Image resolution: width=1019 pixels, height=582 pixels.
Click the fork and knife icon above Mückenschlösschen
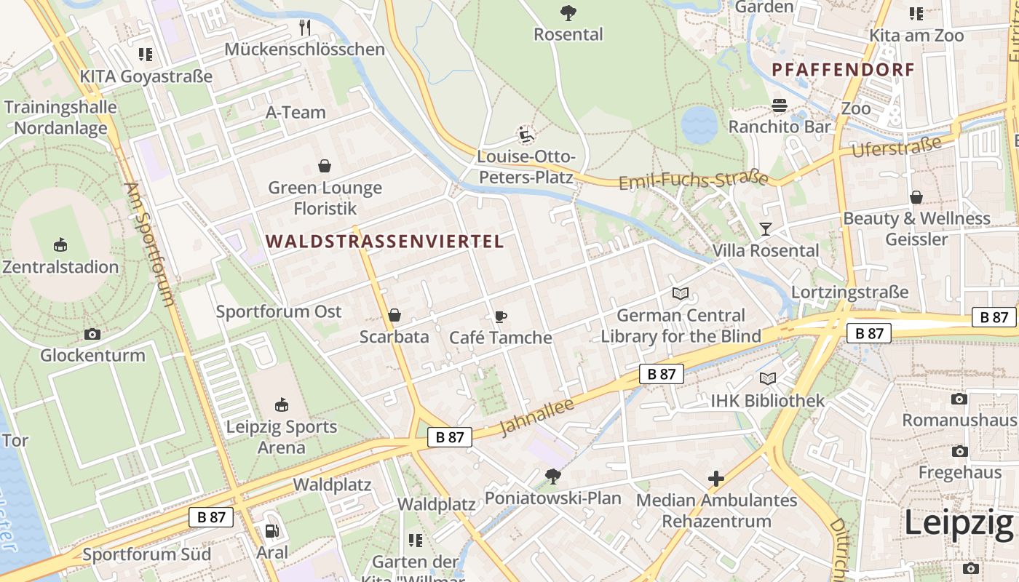pyautogui.click(x=305, y=28)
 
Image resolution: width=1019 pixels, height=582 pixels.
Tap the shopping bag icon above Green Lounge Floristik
pyautogui.click(x=325, y=167)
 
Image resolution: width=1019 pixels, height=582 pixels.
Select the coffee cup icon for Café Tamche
pyautogui.click(x=500, y=316)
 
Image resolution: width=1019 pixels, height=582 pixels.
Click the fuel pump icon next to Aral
pyautogui.click(x=271, y=531)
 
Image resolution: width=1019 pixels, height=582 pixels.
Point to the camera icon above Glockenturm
pyautogui.click(x=92, y=334)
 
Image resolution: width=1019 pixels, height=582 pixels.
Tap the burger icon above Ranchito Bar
pyautogui.click(x=780, y=105)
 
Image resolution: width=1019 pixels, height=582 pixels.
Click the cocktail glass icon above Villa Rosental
pyautogui.click(x=765, y=229)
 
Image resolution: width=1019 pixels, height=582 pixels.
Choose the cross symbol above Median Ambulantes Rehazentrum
pyautogui.click(x=716, y=479)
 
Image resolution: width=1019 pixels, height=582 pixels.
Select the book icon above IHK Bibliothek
pyautogui.click(x=768, y=378)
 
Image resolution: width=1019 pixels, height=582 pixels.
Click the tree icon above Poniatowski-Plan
pyautogui.click(x=553, y=477)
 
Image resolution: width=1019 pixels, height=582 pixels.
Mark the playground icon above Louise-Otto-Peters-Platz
pyautogui.click(x=526, y=135)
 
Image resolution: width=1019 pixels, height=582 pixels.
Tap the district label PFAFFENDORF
pyautogui.click(x=843, y=71)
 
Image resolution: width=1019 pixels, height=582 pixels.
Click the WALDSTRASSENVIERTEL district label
pyautogui.click(x=384, y=242)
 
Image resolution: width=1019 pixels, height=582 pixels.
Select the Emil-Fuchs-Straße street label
pyautogui.click(x=693, y=180)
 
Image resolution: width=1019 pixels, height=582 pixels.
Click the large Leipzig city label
pyautogui.click(x=959, y=524)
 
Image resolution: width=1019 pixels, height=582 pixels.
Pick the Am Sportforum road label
pyautogui.click(x=148, y=244)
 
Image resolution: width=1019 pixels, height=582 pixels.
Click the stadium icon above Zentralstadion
pyautogui.click(x=60, y=245)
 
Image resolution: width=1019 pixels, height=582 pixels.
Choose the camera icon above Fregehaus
pyautogui.click(x=959, y=451)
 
